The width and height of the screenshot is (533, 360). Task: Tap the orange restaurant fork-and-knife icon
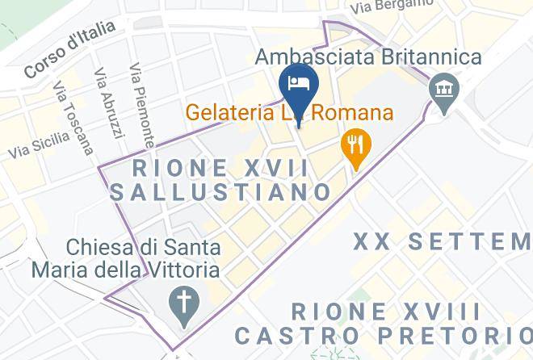coord(355,146)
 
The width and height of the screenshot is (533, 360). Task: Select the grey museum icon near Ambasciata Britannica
coord(442,86)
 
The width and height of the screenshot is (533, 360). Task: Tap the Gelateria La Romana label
coord(290,112)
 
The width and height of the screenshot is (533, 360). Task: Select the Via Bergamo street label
coord(392,6)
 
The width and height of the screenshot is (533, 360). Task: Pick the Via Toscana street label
coord(73,117)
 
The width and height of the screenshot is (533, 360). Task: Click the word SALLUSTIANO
coord(221,192)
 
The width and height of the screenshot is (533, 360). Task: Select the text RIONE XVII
coord(221,169)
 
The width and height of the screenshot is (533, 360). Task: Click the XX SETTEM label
coord(443,241)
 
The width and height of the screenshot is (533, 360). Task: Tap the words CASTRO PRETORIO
coord(383,334)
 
